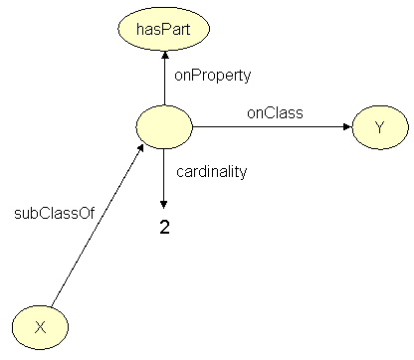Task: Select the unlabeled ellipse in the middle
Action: tap(164, 126)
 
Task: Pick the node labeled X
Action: tap(40, 326)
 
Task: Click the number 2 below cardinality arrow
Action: tap(165, 227)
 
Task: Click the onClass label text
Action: tap(275, 113)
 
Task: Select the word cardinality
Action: tap(211, 171)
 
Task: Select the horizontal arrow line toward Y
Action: tap(269, 126)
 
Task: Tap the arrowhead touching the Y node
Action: tap(347, 126)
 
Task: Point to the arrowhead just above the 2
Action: tap(164, 203)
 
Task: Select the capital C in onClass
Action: tap(266, 113)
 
